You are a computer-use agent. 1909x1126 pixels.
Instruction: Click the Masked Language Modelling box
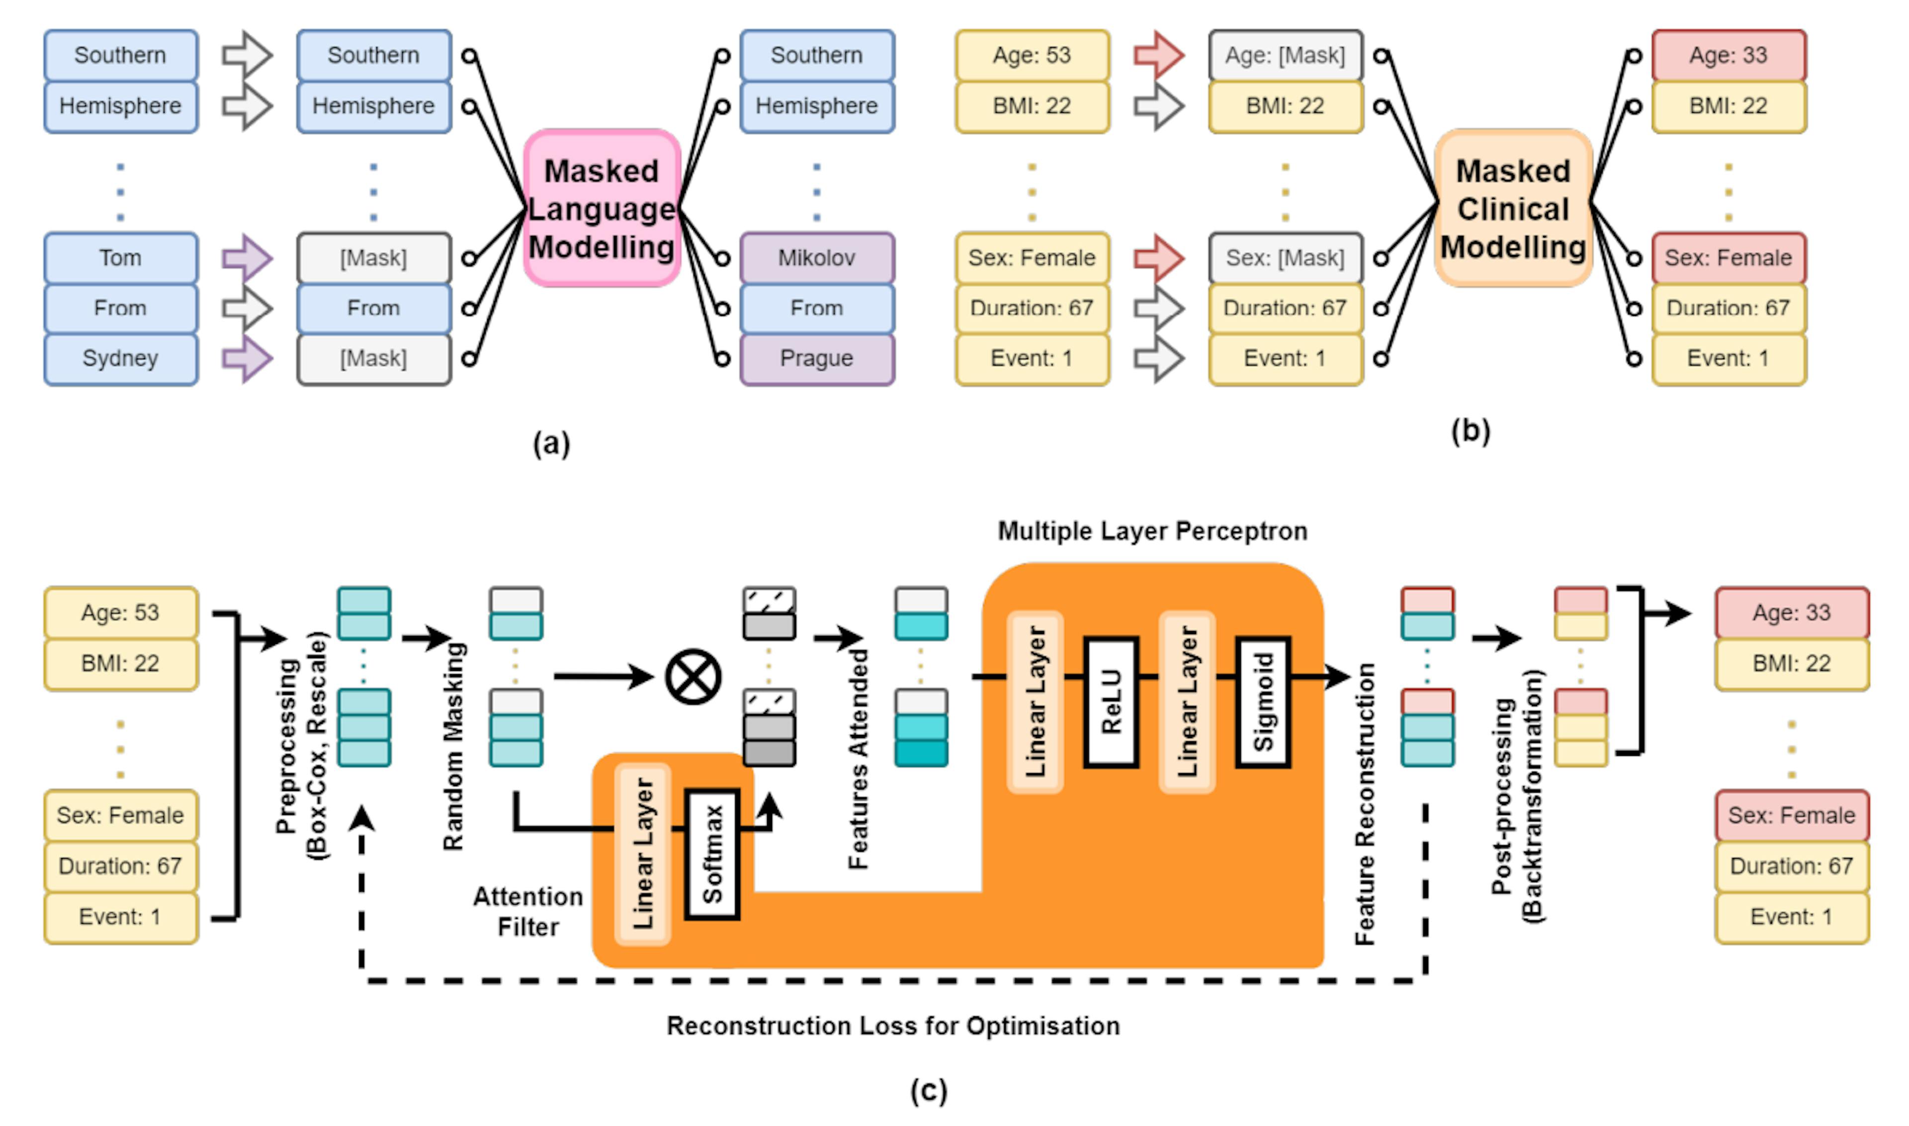click(x=601, y=209)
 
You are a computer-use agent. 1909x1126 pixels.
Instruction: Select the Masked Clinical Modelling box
click(x=1513, y=209)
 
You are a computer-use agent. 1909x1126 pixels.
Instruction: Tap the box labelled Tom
click(x=121, y=258)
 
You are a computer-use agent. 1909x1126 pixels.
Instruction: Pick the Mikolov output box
click(x=817, y=258)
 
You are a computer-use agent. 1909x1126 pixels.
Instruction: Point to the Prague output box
click(x=817, y=358)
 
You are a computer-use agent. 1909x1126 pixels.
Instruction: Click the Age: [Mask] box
click(x=1285, y=55)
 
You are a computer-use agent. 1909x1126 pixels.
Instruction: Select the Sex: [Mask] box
click(x=1285, y=258)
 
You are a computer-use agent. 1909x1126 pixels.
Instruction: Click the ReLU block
click(x=1111, y=701)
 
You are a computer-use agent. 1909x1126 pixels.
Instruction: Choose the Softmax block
click(x=712, y=854)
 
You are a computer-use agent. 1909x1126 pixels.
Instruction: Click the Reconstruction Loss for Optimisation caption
click(x=893, y=1026)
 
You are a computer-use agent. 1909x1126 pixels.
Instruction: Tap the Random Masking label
click(x=453, y=747)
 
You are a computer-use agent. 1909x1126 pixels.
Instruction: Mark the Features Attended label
click(x=858, y=759)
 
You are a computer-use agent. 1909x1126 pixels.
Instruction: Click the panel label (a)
click(x=551, y=443)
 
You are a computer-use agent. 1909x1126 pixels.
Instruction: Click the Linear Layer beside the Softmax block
click(x=643, y=854)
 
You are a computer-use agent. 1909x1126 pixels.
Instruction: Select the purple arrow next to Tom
click(x=247, y=258)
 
